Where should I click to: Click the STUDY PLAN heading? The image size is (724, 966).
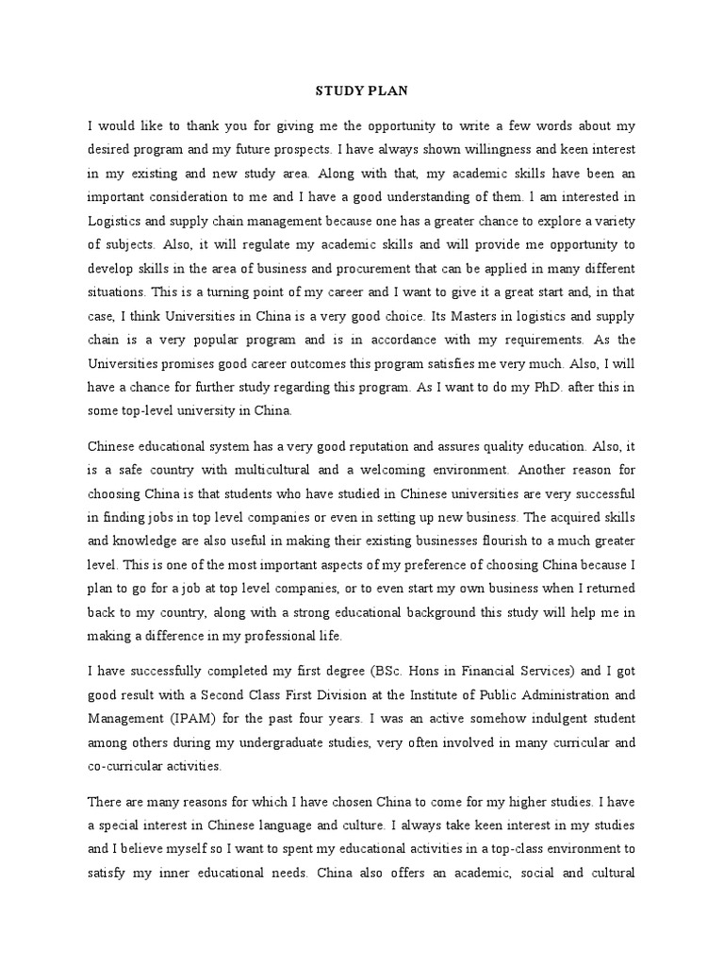point(361,92)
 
